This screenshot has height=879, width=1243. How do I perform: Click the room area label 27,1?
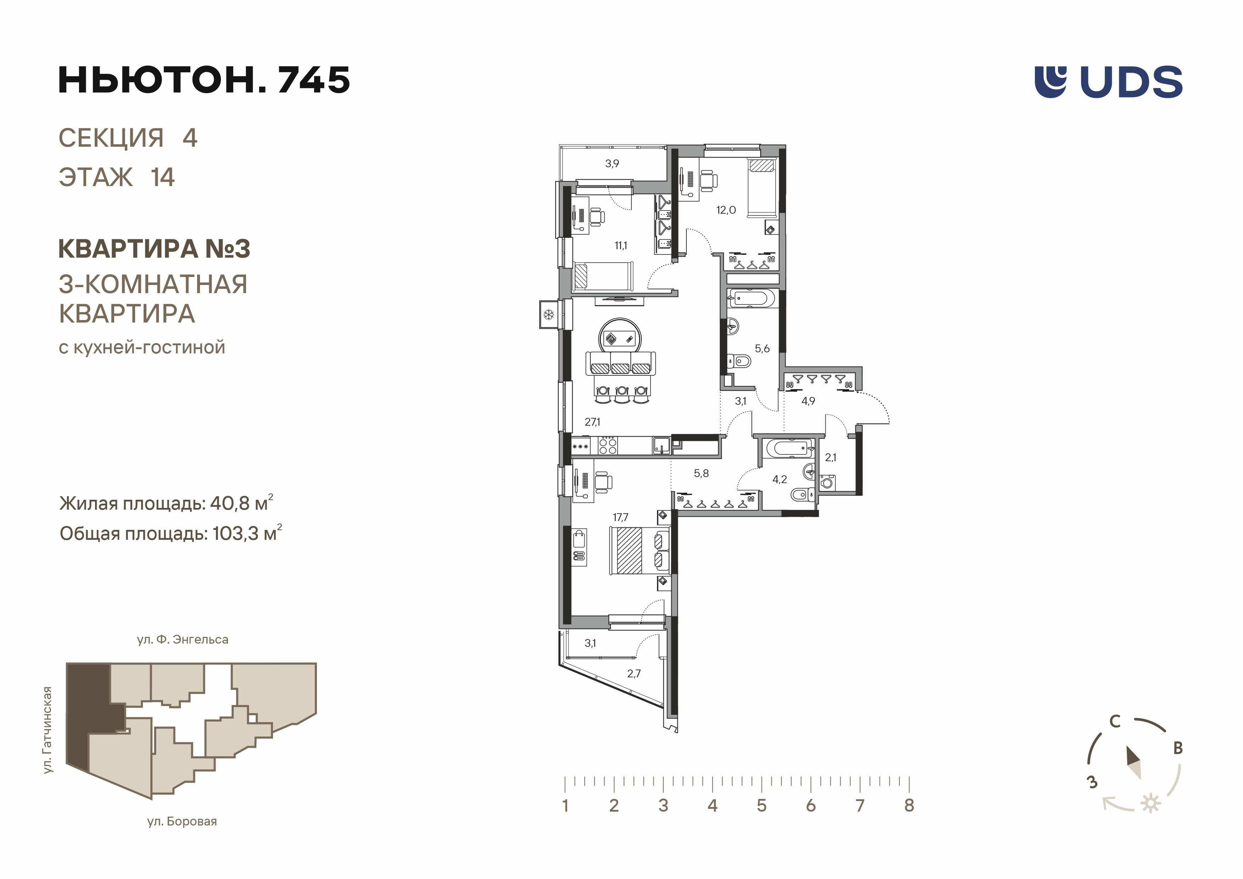592,422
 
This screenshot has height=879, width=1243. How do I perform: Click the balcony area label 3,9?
612,163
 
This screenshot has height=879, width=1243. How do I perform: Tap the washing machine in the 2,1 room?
827,482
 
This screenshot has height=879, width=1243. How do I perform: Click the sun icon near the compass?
1150,803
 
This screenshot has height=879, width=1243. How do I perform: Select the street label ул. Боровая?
182,822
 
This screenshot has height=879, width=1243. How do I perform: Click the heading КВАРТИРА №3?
154,249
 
